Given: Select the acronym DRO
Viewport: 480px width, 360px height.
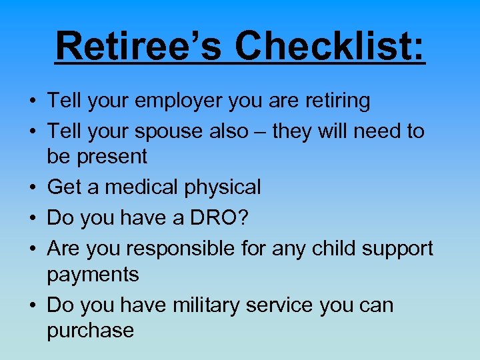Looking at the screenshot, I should [x=187, y=218].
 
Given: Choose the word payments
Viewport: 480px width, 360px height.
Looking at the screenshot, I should [x=93, y=275].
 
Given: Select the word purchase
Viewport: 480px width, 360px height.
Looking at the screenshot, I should [x=91, y=331].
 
